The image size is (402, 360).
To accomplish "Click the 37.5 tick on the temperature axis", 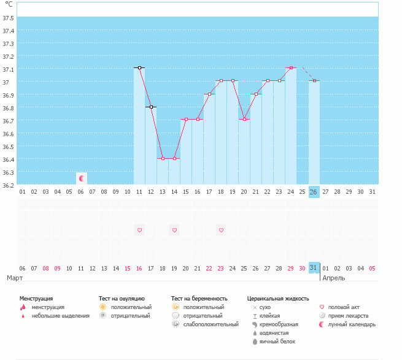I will click(x=9, y=18).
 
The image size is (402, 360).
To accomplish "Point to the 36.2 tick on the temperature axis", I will click(x=9, y=185).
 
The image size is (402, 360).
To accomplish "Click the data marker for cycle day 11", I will click(x=139, y=67).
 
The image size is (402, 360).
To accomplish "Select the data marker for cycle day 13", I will click(x=163, y=158).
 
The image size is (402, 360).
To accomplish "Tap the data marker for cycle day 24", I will click(x=290, y=67).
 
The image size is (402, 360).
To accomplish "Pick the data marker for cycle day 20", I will click(x=244, y=119).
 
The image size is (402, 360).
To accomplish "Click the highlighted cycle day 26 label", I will click(x=314, y=192).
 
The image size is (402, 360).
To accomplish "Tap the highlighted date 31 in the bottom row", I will click(x=314, y=267).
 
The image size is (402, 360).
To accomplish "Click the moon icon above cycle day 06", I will click(x=82, y=178).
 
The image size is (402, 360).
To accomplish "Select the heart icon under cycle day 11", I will click(x=139, y=230).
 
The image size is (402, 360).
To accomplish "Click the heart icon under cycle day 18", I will click(x=220, y=230).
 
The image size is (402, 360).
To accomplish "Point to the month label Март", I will click(x=15, y=278).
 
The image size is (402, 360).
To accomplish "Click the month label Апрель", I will click(x=333, y=278).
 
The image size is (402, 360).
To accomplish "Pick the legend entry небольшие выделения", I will click(x=60, y=315).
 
